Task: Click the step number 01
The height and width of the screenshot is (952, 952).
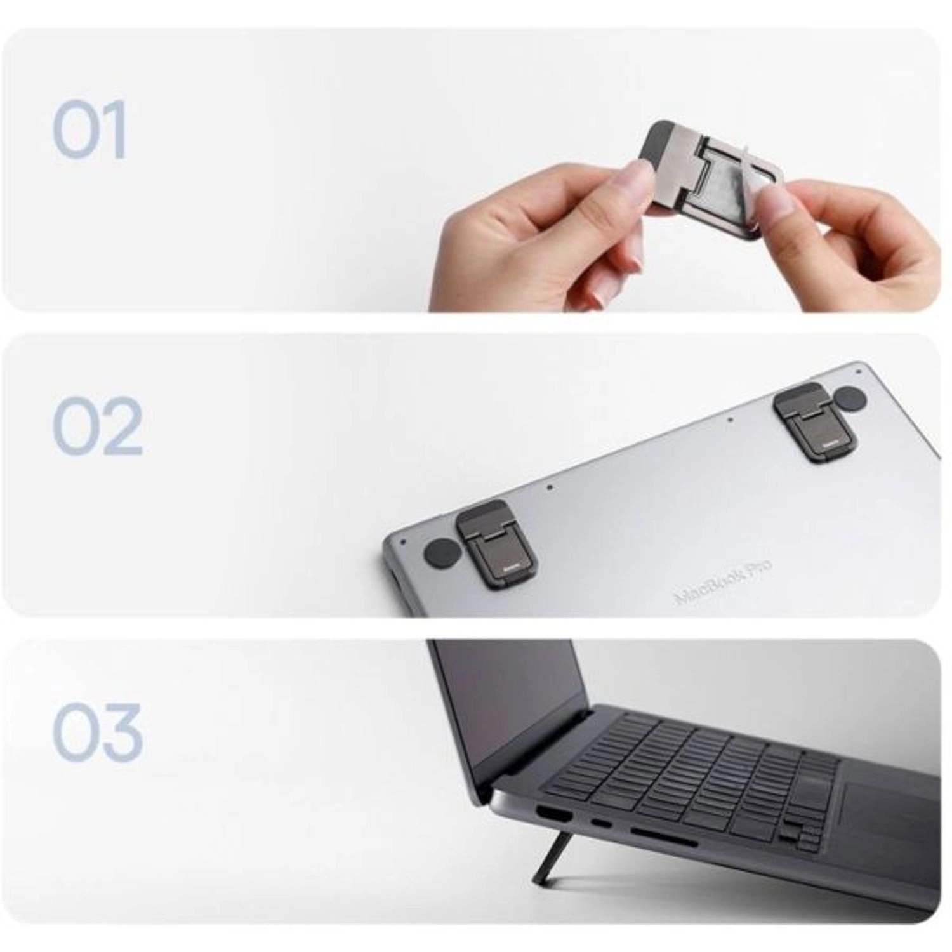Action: [89, 130]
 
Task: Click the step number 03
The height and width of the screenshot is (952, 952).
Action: [97, 732]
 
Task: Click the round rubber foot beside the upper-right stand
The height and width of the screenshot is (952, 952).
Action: [850, 399]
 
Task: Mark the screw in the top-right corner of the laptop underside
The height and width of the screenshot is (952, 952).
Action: [857, 366]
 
